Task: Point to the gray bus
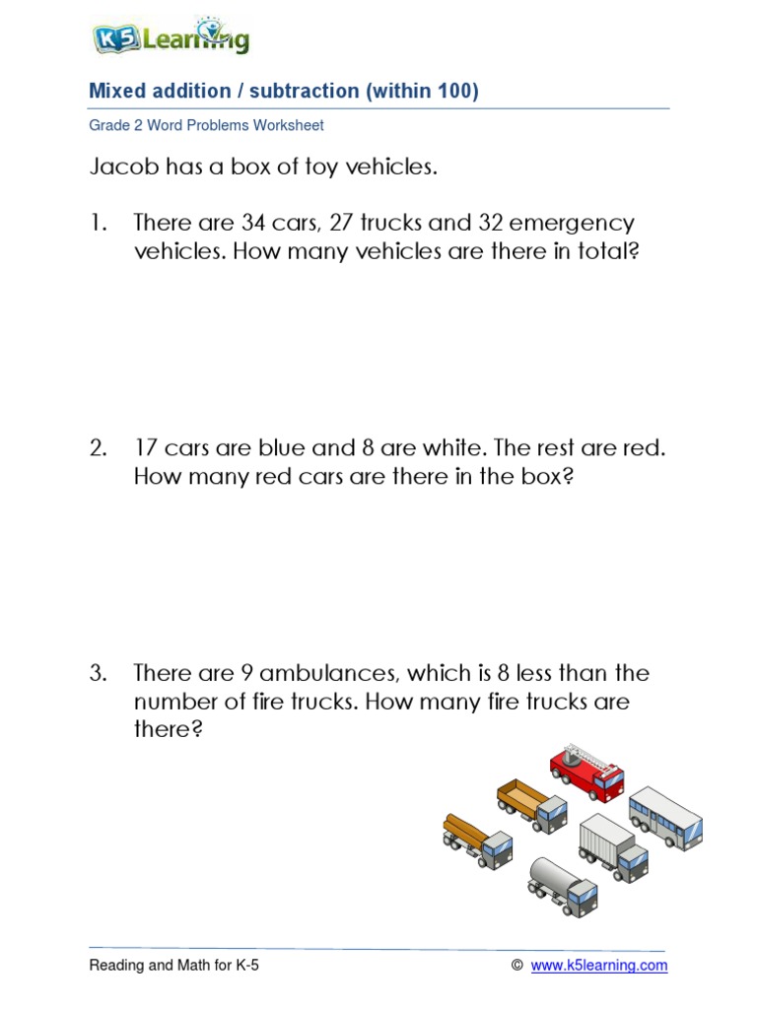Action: (x=666, y=818)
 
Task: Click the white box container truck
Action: (x=613, y=846)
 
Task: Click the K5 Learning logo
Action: (x=170, y=38)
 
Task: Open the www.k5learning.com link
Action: (x=598, y=966)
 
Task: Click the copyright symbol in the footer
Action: (x=516, y=966)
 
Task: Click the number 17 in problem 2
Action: (x=146, y=448)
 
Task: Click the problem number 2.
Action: (x=98, y=448)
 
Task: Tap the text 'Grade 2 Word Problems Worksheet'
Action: (x=206, y=125)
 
